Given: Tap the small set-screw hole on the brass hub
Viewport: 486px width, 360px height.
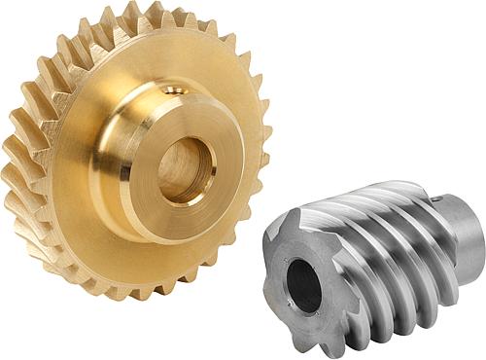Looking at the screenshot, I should coord(176,90).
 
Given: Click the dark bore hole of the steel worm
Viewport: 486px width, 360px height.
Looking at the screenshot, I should coord(305,286).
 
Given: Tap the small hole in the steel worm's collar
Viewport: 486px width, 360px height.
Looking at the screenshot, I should coord(446,203).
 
